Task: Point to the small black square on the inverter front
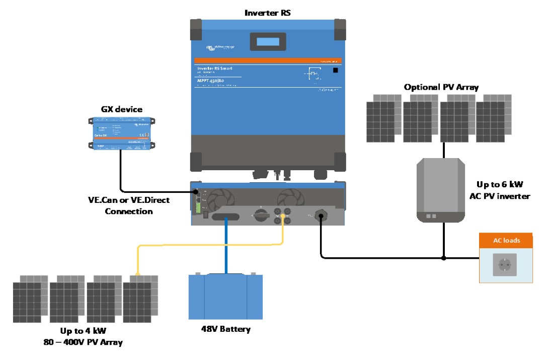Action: pos(335,71)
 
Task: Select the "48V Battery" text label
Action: pos(225,330)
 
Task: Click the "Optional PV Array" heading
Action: pos(441,87)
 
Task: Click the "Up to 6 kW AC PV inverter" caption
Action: pos(503,191)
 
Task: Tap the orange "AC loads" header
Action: pos(505,240)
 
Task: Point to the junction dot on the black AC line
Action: pos(443,258)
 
